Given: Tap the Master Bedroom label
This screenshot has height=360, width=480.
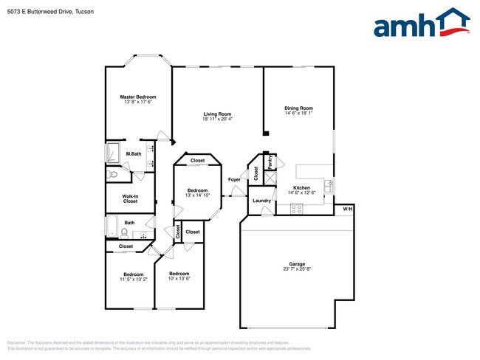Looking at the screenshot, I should pyautogui.click(x=138, y=97).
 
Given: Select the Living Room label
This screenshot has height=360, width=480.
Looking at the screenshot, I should pyautogui.click(x=218, y=113).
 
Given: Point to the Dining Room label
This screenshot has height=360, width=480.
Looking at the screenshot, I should pyautogui.click(x=299, y=108).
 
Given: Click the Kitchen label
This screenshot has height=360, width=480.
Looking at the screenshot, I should pyautogui.click(x=301, y=188).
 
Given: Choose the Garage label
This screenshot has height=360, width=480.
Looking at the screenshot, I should pyautogui.click(x=297, y=263).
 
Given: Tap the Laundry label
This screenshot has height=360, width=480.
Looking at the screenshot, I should pyautogui.click(x=261, y=201).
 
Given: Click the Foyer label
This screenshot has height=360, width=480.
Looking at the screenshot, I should pyautogui.click(x=234, y=179).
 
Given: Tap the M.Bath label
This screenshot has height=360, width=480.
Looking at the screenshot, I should pyautogui.click(x=134, y=153).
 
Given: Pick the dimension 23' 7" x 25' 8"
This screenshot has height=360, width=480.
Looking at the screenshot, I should pyautogui.click(x=297, y=269).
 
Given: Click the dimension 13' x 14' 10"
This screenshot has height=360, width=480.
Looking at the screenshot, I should pyautogui.click(x=197, y=195).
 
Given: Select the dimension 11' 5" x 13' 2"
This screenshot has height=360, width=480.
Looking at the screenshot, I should pyautogui.click(x=134, y=279).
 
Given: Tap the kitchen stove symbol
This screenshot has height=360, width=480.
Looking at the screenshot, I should pyautogui.click(x=297, y=209).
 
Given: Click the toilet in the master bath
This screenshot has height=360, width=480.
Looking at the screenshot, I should pyautogui.click(x=111, y=175).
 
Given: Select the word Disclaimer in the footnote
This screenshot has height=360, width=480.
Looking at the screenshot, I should pyautogui.click(x=16, y=343).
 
